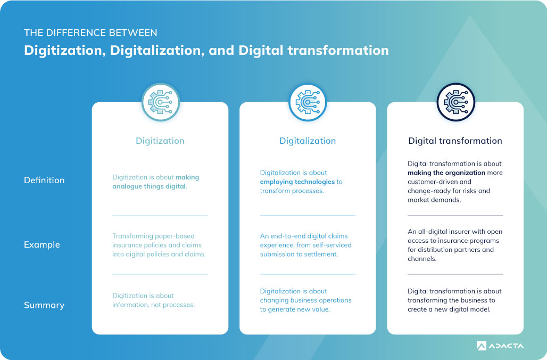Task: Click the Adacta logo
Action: tap(500, 346)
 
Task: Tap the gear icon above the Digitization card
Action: tap(161, 102)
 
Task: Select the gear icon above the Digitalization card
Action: tap(308, 102)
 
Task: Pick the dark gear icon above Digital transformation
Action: tap(455, 102)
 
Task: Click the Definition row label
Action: tap(44, 180)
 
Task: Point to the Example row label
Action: tap(42, 244)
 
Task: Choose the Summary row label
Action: tap(44, 305)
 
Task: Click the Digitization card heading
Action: tap(160, 141)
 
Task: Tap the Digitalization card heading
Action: tap(308, 141)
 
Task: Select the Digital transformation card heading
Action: tap(455, 141)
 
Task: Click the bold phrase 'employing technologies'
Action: tap(297, 182)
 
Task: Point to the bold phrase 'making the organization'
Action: tap(446, 173)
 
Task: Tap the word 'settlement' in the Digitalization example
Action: tap(321, 254)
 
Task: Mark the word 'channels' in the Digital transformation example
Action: tap(422, 259)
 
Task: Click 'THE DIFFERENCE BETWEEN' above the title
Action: tap(90, 33)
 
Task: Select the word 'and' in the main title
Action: tap(221, 51)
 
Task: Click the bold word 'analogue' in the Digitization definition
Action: tap(127, 186)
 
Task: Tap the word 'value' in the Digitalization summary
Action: tap(320, 309)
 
